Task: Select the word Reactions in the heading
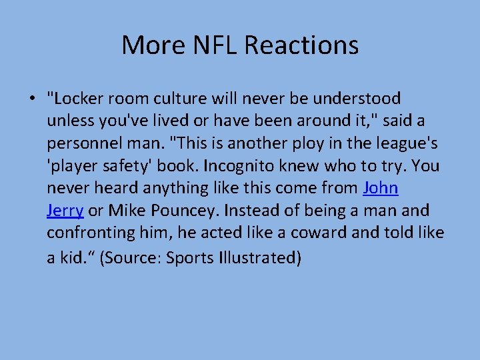coord(301,45)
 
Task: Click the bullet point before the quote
coord(32,99)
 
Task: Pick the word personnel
coord(82,144)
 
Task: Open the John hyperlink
coord(381,189)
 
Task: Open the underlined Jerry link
coord(65,211)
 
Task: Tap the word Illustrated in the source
coord(257,257)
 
